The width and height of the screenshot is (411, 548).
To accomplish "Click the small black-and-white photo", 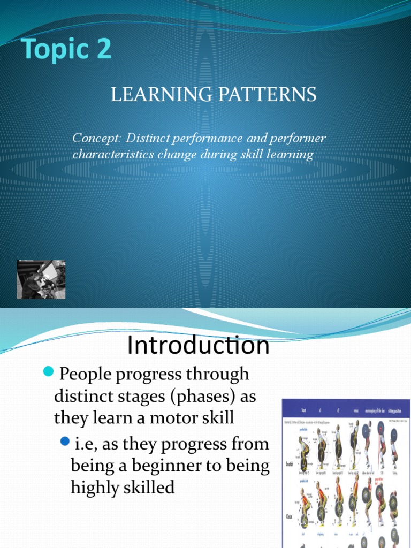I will click(41, 279).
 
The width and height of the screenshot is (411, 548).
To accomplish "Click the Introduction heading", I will click(198, 346).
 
